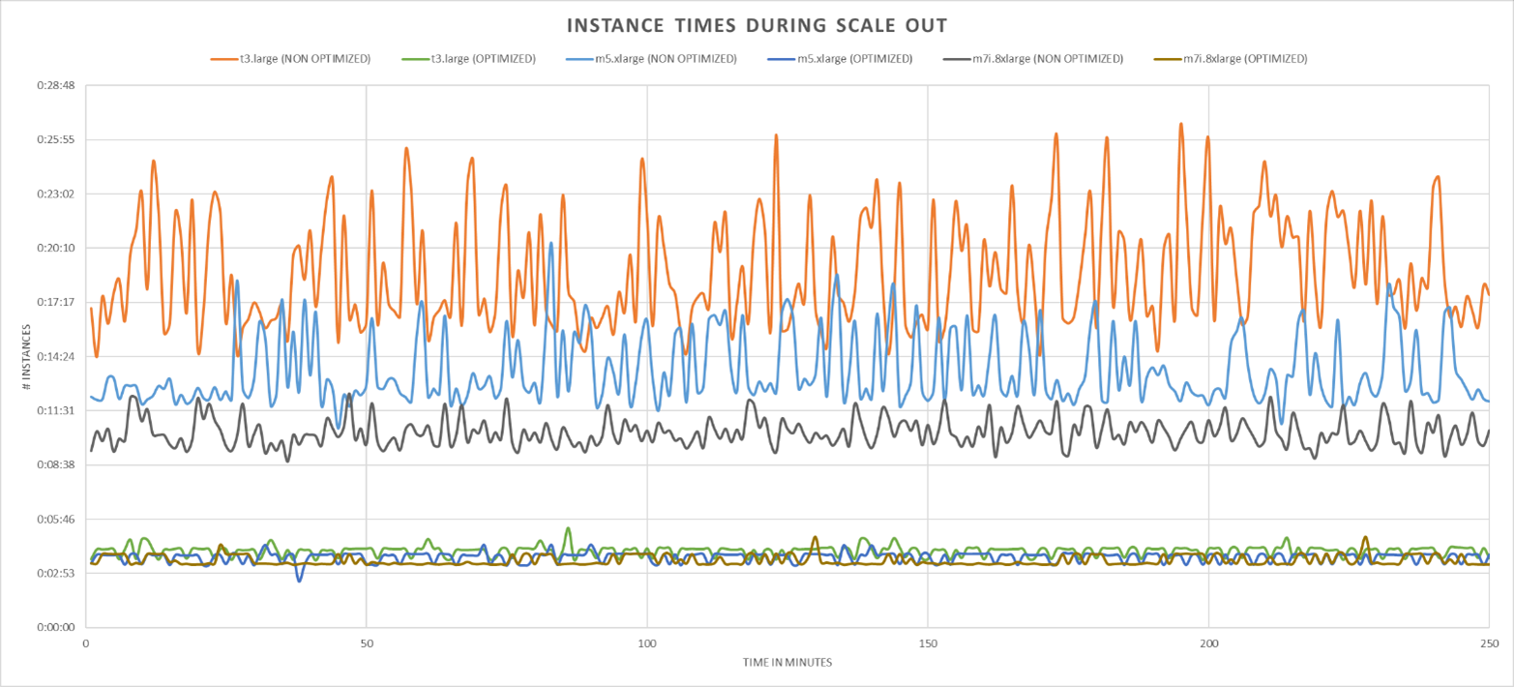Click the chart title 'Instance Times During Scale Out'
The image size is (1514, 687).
pos(757,24)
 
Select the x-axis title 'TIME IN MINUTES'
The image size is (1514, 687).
pos(787,662)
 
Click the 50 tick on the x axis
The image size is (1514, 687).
pos(367,642)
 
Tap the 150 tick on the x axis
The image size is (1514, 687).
pos(928,642)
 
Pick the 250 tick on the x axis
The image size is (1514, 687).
pos(1488,642)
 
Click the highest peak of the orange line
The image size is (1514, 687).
pos(1180,124)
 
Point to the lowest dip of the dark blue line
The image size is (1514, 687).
pos(300,581)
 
